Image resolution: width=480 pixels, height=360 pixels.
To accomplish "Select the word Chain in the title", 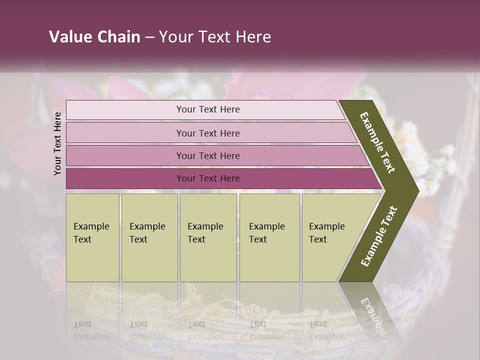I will (x=118, y=37).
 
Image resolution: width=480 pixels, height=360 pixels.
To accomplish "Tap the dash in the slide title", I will (x=149, y=37).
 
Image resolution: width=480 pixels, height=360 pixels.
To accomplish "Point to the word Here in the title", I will (x=253, y=37).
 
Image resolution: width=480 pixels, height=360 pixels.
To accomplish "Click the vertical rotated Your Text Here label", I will (x=57, y=143).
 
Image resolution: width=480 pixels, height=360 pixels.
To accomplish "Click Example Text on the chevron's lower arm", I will (x=379, y=236).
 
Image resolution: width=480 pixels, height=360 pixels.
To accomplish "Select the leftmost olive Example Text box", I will (x=92, y=237).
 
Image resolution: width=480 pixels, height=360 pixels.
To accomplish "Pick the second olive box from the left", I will (x=149, y=237).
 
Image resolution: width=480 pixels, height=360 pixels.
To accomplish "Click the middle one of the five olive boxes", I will (x=208, y=237).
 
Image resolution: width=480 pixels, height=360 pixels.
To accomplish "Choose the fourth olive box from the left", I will (x=269, y=237).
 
